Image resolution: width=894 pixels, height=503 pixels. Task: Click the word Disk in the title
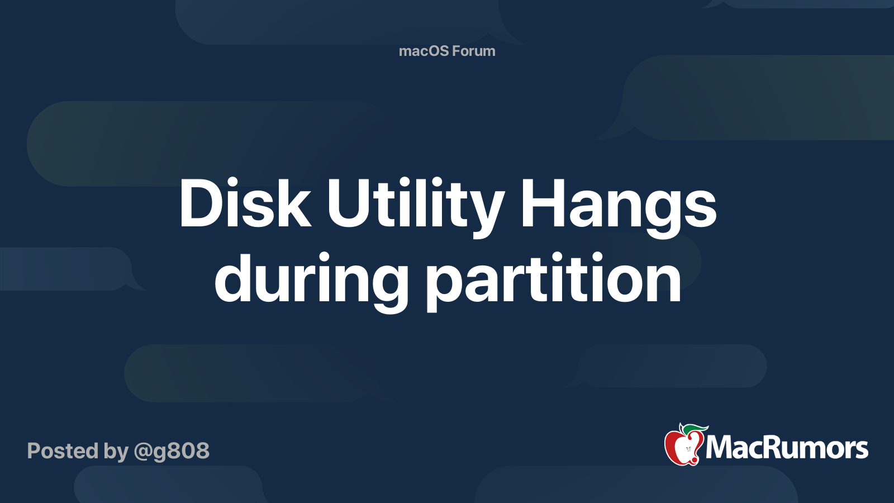coord(245,202)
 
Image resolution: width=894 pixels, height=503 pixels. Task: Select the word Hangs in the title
coord(618,207)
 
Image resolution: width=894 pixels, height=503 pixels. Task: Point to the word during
coord(311,282)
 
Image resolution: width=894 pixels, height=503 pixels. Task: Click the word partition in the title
coord(553,282)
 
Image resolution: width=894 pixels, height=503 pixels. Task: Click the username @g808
coord(171,451)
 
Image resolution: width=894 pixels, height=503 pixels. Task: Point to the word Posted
coord(63,450)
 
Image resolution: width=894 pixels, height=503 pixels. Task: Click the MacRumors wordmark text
coord(787,448)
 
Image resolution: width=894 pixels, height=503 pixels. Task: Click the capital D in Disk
coord(202,202)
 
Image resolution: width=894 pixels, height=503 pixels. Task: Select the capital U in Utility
coord(349,203)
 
